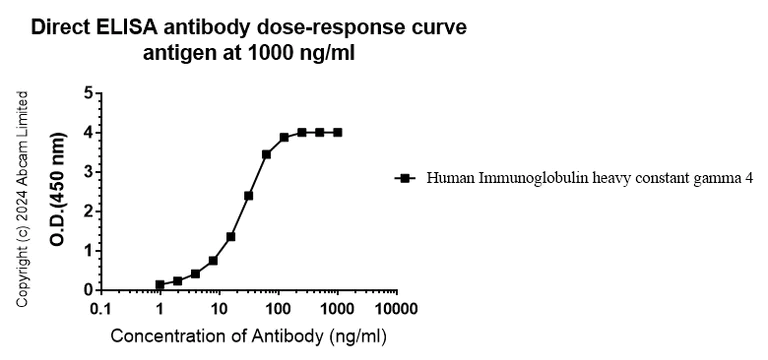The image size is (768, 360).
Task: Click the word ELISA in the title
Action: (122, 27)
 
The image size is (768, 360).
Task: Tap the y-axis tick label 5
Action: (88, 93)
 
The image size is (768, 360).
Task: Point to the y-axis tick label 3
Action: (88, 172)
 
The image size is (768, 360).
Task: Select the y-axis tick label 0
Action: (88, 290)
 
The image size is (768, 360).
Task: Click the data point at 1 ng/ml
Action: (160, 285)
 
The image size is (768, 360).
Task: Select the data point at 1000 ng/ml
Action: (338, 132)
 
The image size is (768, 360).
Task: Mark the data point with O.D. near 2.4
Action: (248, 195)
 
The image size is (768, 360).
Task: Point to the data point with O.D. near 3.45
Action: (266, 154)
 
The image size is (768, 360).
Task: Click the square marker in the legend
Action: (406, 179)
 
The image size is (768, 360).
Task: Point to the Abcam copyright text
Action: (22, 200)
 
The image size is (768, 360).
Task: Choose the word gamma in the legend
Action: (716, 179)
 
